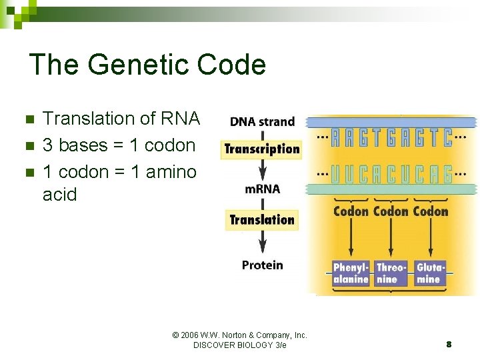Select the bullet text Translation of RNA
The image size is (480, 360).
[121, 119]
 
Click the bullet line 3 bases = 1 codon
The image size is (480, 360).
[119, 145]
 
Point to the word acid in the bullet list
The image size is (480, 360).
[60, 195]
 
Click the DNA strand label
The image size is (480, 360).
[262, 121]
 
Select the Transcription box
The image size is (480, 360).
[262, 149]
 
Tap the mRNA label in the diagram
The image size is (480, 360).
[262, 189]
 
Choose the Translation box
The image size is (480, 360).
[262, 219]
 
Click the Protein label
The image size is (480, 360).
[262, 265]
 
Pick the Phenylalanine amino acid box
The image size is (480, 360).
[351, 273]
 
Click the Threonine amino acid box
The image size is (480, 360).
[391, 273]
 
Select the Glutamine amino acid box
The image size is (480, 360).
[430, 273]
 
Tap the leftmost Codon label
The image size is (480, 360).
[351, 211]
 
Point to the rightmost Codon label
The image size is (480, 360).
[431, 211]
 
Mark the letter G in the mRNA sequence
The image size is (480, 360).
[445, 175]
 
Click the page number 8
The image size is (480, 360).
[449, 345]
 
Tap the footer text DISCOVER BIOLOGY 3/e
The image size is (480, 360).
[239, 345]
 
